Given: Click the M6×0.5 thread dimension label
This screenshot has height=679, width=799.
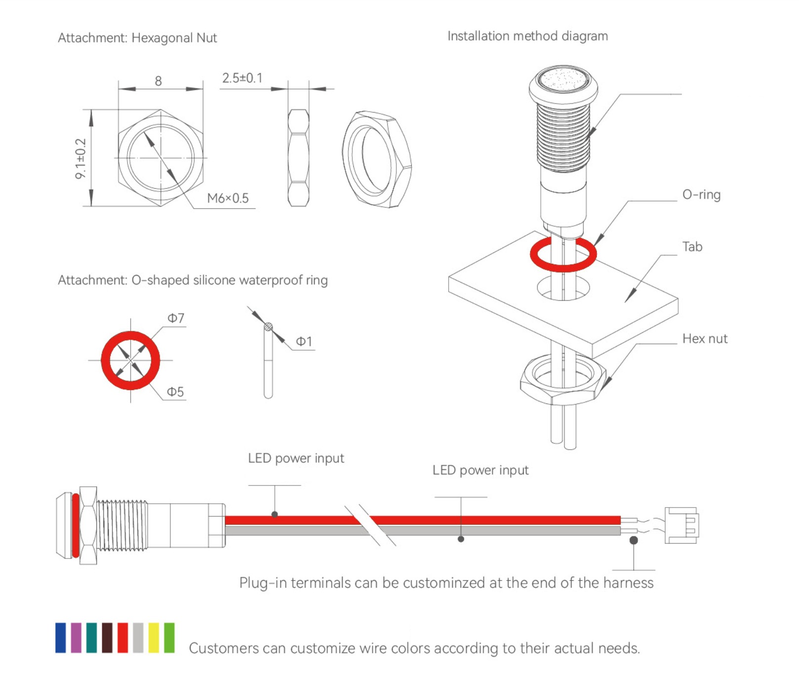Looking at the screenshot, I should tap(228, 198).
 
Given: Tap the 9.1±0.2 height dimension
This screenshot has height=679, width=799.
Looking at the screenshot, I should tap(81, 159).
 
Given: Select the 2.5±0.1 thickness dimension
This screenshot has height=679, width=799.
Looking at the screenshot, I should tap(242, 78).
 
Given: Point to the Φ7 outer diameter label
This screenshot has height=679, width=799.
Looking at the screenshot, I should tap(176, 318).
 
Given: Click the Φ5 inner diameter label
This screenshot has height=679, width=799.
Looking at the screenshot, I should tap(175, 392).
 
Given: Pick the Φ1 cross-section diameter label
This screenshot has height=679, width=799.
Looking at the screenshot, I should tap(304, 342).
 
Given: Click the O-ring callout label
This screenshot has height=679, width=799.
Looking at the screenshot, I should tap(701, 195).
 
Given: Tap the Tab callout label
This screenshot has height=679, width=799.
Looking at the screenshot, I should tap(692, 247).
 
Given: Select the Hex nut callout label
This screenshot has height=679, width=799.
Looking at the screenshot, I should tap(705, 339).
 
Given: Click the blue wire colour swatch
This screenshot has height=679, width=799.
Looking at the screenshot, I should tap(61, 638).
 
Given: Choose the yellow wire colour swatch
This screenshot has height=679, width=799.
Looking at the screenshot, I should tap(154, 638).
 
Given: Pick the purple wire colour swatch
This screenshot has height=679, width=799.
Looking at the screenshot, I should tap(76, 638).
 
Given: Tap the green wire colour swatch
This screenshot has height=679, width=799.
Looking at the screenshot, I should tap(169, 638).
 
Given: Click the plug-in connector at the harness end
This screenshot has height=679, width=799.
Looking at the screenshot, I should tap(681, 525).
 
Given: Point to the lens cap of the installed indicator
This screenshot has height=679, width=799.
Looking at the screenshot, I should tap(563, 79).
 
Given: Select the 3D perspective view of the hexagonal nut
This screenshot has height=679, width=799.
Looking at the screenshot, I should tap(377, 159).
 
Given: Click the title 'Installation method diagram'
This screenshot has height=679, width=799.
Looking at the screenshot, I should tap(527, 36).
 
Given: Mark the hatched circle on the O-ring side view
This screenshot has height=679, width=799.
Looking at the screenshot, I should tap(268, 326).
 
